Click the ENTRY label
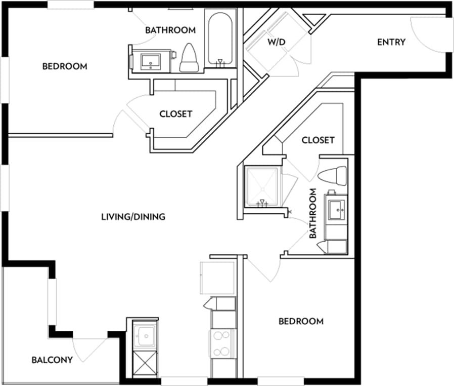391,42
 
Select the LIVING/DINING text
133,217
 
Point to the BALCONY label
52,360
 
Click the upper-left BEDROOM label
64,66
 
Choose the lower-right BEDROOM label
301,321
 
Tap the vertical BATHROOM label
313,213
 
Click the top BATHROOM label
170,30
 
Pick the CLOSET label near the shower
318,140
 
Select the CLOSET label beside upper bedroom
175,114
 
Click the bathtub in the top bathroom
219,38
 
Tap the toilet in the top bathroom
189,58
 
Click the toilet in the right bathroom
333,175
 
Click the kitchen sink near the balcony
145,335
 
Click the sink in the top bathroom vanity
151,61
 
